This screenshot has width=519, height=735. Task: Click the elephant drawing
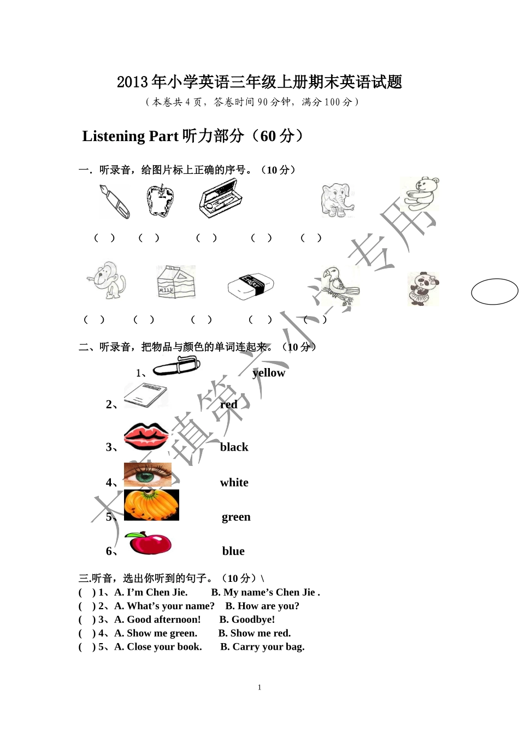click(x=337, y=200)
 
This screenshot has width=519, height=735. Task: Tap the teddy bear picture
click(x=420, y=194)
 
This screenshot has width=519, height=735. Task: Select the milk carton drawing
click(x=175, y=282)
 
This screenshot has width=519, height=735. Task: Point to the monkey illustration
click(x=107, y=279)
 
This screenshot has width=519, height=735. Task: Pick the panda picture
click(x=423, y=289)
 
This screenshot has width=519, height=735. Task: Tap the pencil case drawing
click(x=220, y=199)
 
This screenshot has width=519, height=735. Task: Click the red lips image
click(x=146, y=436)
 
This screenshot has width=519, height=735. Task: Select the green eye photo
click(x=148, y=475)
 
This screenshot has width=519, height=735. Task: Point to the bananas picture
click(x=151, y=505)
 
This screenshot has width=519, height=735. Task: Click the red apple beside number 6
click(x=148, y=543)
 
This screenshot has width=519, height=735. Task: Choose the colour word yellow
click(x=269, y=373)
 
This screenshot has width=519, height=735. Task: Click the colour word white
click(x=234, y=482)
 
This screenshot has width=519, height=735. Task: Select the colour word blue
click(x=233, y=551)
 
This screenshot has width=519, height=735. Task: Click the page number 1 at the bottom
click(x=259, y=687)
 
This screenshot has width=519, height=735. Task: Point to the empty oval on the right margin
click(x=494, y=291)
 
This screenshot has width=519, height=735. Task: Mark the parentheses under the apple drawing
click(x=149, y=238)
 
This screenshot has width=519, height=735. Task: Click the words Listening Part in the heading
click(x=130, y=136)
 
